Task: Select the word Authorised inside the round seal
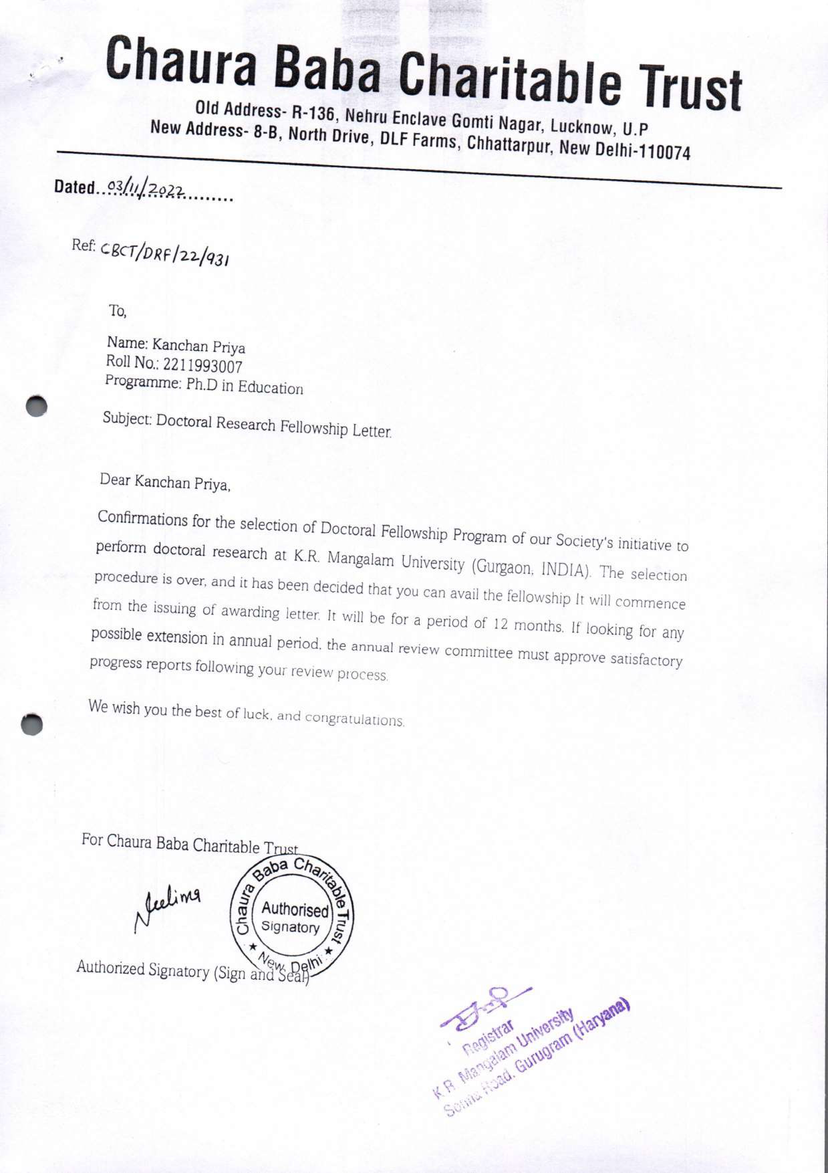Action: coord(295,910)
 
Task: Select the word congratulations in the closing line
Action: coord(354,719)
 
